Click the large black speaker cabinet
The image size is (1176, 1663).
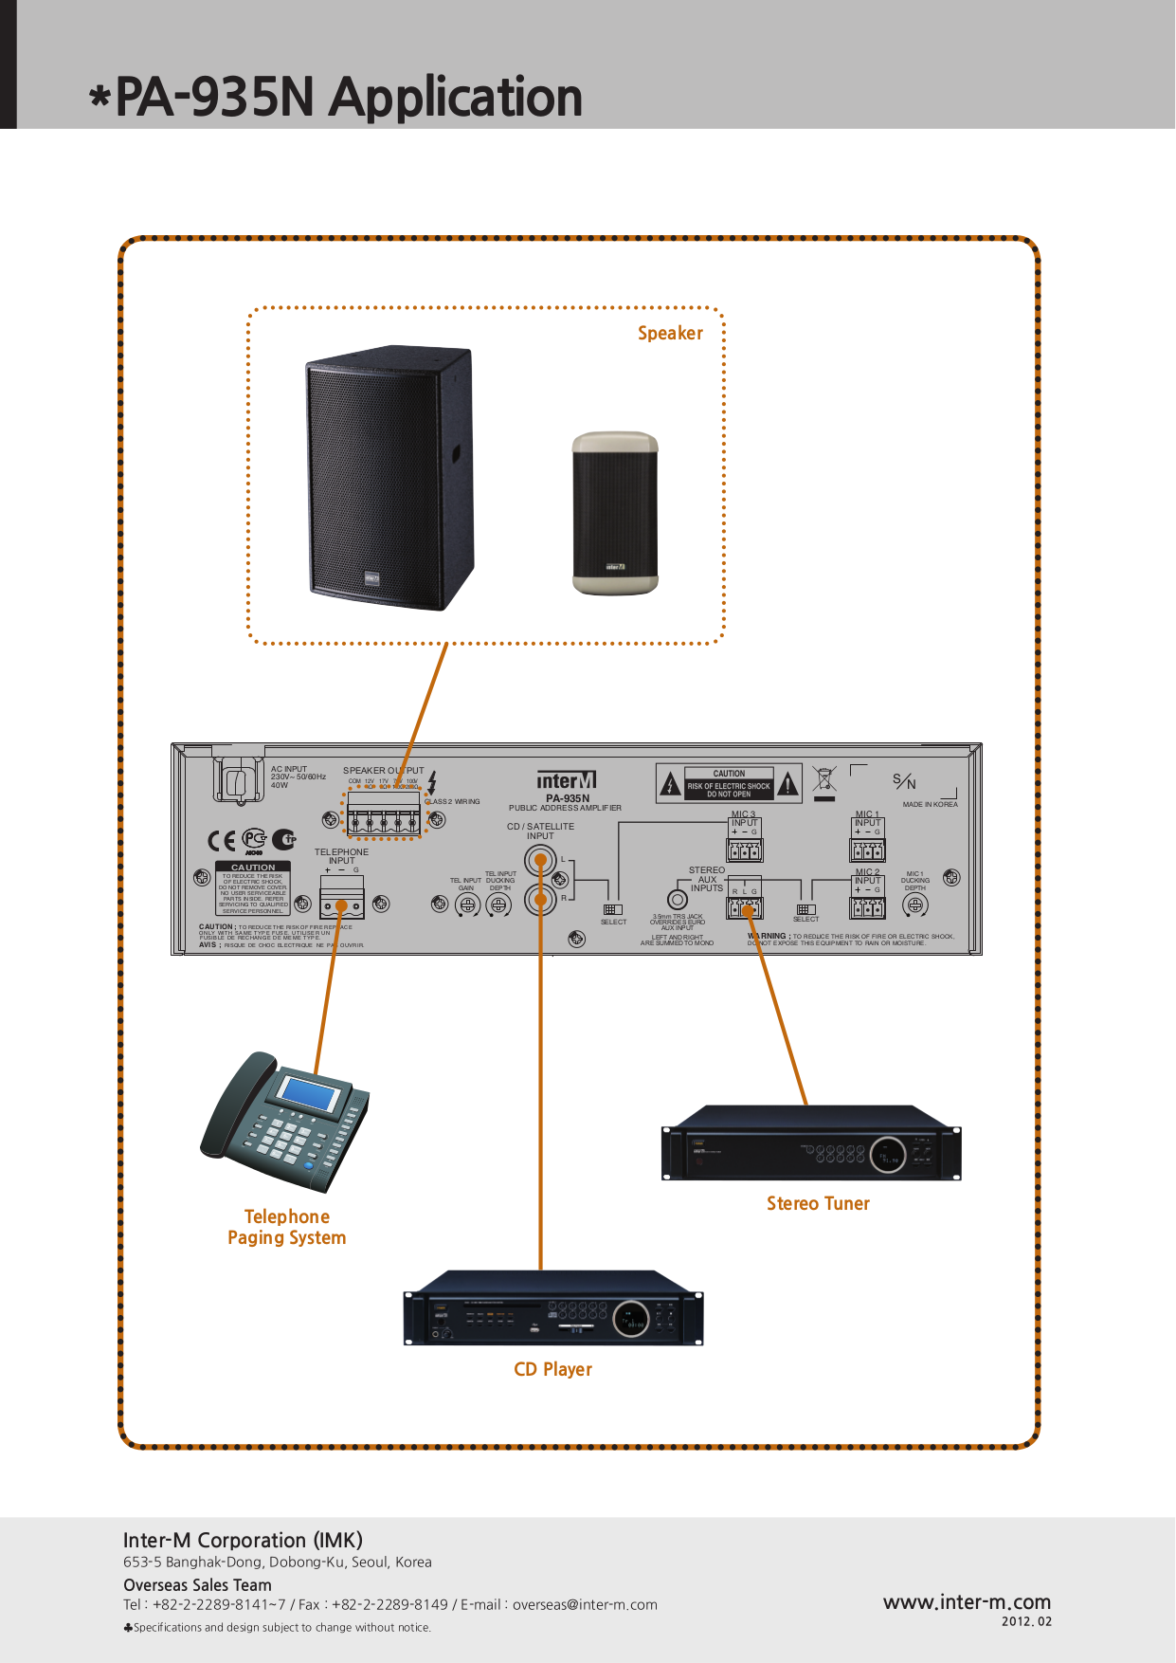[x=389, y=479]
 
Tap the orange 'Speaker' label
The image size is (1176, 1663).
[x=670, y=334]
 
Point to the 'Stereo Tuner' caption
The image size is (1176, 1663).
[x=818, y=1204]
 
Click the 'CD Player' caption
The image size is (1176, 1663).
[x=552, y=1370]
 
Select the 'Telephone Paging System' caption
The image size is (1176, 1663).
[x=286, y=1228]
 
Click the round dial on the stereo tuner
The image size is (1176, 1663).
[x=888, y=1155]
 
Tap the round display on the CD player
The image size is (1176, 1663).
[x=630, y=1319]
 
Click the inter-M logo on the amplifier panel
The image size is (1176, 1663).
[x=566, y=781]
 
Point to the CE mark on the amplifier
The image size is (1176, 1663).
[x=221, y=841]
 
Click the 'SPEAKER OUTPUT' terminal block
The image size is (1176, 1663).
[x=383, y=814]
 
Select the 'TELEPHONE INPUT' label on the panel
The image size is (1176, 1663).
[x=341, y=856]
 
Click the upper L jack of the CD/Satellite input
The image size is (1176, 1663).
[x=540, y=862]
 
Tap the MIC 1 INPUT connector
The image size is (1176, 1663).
[x=867, y=850]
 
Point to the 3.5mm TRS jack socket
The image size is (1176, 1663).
[x=678, y=900]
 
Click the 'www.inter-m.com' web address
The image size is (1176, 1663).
[x=967, y=1602]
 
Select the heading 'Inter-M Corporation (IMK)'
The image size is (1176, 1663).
[x=243, y=1541]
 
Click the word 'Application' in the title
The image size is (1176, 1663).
[x=456, y=98]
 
